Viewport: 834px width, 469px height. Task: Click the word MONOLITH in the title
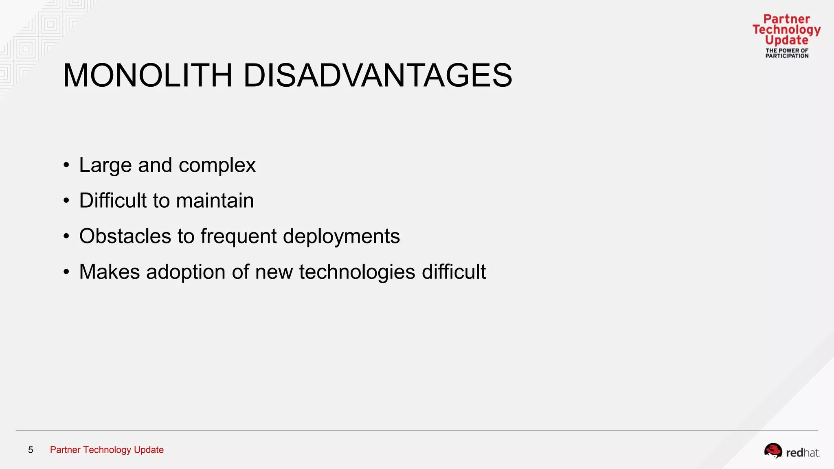click(147, 76)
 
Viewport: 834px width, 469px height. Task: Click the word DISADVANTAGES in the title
click(377, 76)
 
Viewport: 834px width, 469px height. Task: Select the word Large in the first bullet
click(105, 166)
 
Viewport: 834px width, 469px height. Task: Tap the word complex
click(217, 166)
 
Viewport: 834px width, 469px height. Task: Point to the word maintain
click(215, 201)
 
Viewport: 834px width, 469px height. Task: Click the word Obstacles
click(125, 236)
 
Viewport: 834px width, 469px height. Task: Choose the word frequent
click(239, 237)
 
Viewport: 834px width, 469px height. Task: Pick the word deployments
click(341, 237)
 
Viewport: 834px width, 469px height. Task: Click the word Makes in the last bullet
click(110, 272)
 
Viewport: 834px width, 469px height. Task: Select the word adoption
click(186, 272)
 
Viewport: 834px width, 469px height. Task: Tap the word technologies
click(357, 272)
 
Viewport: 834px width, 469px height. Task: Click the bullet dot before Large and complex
click(66, 165)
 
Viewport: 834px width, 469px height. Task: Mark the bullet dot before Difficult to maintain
click(66, 201)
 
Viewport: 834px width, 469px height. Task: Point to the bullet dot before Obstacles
click(66, 236)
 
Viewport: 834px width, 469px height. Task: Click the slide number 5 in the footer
click(31, 450)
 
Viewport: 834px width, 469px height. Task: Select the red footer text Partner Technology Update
click(107, 450)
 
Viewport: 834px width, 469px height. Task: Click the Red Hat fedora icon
click(773, 451)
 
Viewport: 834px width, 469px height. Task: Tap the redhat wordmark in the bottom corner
click(802, 453)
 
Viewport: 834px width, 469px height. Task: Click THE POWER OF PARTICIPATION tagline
click(787, 53)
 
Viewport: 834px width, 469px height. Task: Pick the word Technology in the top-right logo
click(786, 30)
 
